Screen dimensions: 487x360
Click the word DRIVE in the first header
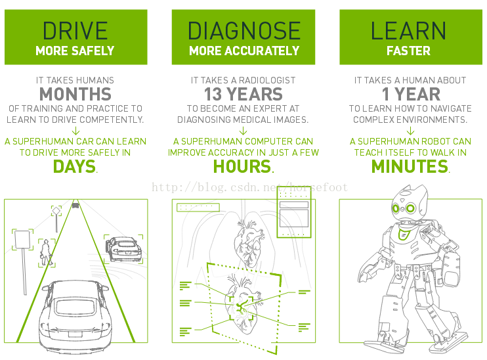tap(75, 30)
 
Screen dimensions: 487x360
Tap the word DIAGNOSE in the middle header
tap(243, 30)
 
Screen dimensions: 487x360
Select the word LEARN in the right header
tap(408, 30)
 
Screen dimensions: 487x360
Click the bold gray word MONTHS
tap(75, 94)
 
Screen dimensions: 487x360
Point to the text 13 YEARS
tap(243, 94)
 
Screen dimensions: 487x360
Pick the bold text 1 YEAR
tap(411, 94)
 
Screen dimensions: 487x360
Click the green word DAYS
tap(75, 166)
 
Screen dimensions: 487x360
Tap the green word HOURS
tap(242, 166)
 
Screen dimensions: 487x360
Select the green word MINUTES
tap(410, 166)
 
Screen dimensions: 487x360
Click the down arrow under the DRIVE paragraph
tap(75, 131)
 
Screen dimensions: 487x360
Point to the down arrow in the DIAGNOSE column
tap(243, 131)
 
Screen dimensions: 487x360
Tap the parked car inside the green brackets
tap(123, 249)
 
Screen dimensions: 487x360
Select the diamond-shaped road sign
tap(56, 211)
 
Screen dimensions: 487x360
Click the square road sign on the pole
tap(22, 239)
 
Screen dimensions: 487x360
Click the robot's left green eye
tap(396, 208)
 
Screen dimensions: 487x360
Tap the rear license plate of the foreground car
tap(75, 334)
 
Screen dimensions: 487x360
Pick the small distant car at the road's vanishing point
tap(75, 205)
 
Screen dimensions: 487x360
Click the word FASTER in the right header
tap(408, 51)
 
